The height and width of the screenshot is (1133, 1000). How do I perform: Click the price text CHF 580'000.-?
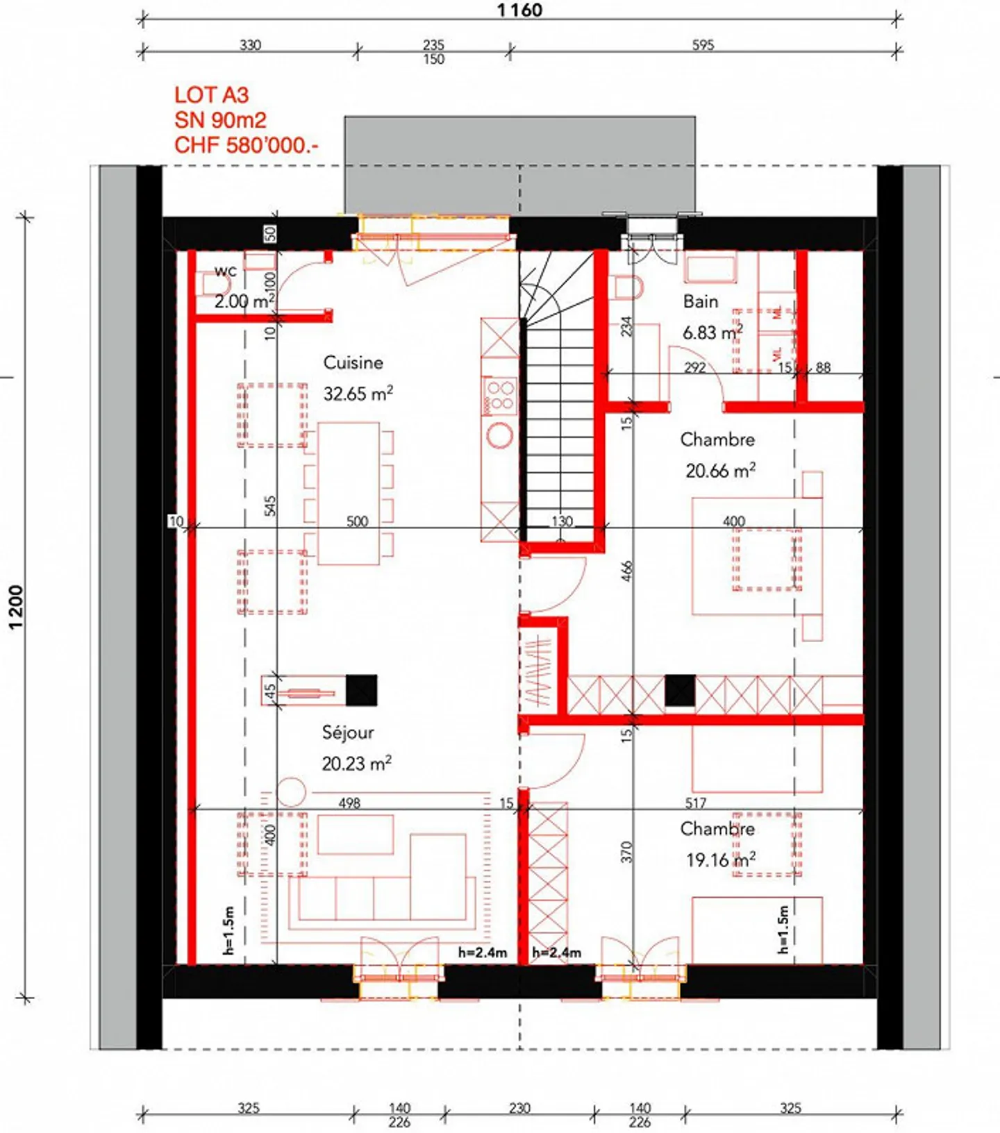tap(246, 145)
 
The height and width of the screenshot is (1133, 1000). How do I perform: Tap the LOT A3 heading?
tap(211, 95)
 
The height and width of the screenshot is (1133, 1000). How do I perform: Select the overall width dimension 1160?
tap(519, 10)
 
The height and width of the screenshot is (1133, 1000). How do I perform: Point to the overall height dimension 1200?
tap(16, 607)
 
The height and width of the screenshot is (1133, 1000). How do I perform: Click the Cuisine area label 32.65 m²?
tap(358, 394)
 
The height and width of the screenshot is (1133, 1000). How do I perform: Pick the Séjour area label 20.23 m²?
tap(356, 764)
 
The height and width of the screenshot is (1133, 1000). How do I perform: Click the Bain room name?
tap(700, 301)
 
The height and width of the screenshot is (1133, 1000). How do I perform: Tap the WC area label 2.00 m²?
tap(244, 301)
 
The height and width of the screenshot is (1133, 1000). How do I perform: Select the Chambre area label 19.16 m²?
tap(720, 860)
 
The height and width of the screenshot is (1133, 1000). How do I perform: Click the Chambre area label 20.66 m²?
tap(720, 471)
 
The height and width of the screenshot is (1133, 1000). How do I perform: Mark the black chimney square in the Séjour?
tap(361, 690)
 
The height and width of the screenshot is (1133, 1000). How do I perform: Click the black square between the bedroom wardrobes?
tap(680, 691)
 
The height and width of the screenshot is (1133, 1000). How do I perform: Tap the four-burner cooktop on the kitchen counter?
tap(499, 396)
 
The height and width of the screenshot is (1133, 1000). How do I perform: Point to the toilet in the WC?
tap(207, 285)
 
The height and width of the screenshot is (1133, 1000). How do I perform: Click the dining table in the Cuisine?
tap(349, 493)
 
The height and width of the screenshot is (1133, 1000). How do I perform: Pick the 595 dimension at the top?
tap(703, 45)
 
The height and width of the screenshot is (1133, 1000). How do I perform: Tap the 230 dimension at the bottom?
tap(519, 1108)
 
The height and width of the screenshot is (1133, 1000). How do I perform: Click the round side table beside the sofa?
tap(290, 792)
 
